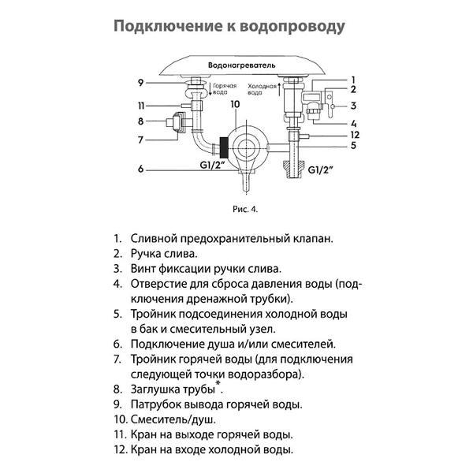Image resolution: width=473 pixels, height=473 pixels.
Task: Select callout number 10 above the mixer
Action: tap(234, 104)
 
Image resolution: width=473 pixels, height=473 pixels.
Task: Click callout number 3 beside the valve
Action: tap(354, 106)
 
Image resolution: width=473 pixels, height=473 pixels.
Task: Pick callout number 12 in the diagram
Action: tap(354, 135)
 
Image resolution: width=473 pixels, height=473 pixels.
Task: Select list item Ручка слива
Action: tap(164, 253)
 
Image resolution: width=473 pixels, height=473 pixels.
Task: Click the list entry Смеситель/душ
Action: tap(173, 419)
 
